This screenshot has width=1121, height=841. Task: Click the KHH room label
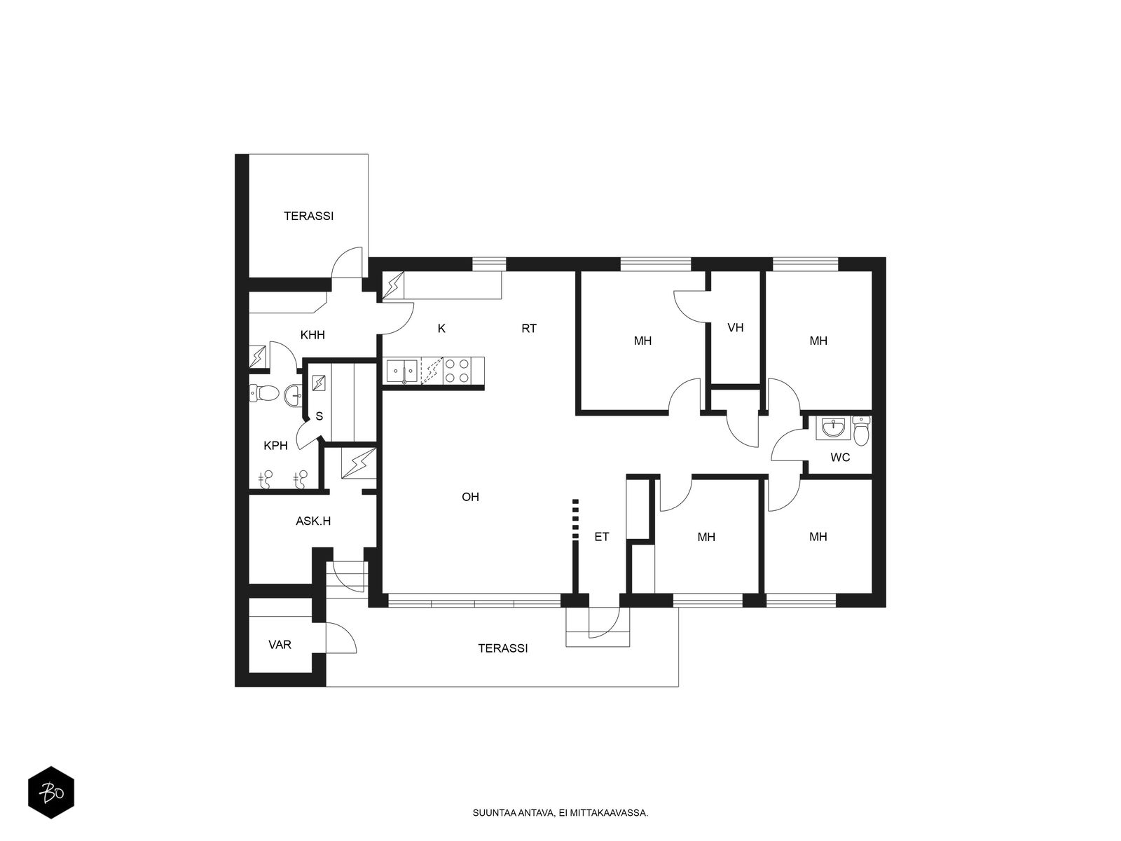312,335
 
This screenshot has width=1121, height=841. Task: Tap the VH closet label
735,328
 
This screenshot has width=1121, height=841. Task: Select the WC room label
839,458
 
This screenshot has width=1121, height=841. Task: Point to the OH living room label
470,497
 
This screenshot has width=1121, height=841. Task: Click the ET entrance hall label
602,537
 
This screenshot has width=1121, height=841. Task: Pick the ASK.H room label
313,521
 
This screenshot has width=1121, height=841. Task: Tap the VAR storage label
280,645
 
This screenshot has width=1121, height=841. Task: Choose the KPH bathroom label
275,446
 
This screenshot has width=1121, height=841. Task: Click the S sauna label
319,416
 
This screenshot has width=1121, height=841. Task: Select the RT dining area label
528,329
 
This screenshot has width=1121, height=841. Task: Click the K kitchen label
441,329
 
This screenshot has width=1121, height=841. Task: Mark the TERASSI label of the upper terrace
308,216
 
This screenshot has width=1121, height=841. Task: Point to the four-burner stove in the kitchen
457,371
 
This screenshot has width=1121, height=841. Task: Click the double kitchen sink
403,371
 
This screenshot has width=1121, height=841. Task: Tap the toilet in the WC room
860,430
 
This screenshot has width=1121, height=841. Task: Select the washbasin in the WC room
833,428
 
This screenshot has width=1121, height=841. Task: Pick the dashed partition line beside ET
576,519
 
